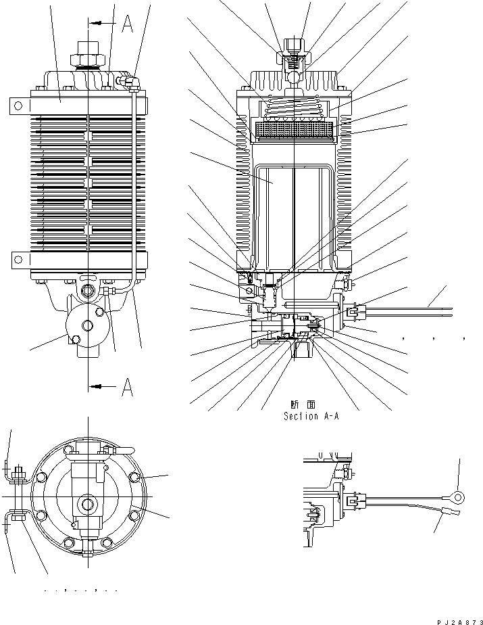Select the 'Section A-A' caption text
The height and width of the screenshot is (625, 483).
311,417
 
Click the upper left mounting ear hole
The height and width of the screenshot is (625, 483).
18,105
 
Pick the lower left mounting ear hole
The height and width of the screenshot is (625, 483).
18,258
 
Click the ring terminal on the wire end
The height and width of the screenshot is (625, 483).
459,499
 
